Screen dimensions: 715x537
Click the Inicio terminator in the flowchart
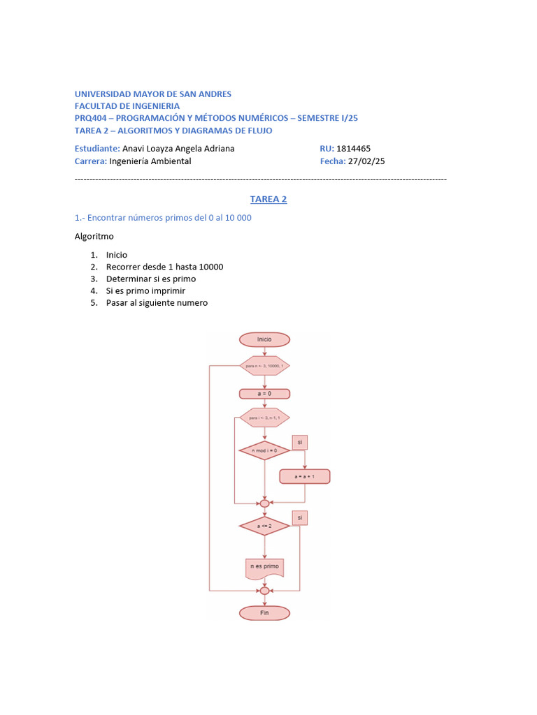click(x=264, y=339)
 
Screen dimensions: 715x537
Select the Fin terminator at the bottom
click(x=264, y=612)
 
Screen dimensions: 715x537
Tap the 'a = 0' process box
click(x=264, y=393)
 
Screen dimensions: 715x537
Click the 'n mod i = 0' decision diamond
click(x=264, y=450)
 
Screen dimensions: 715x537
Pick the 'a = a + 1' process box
click(x=304, y=476)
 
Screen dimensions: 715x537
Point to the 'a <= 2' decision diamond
click(x=264, y=525)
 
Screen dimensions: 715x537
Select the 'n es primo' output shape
click(x=264, y=567)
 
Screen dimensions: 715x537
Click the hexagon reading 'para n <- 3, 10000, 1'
click(x=264, y=365)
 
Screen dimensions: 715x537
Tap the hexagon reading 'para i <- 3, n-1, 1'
click(x=264, y=418)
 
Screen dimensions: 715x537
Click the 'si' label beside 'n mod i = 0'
click(x=300, y=442)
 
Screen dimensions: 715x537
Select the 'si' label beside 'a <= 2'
click(x=300, y=517)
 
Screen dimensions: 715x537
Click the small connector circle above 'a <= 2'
click(x=264, y=503)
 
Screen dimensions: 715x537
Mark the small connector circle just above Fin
click(x=264, y=591)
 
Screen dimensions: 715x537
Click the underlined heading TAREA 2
click(x=268, y=199)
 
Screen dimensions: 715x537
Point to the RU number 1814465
click(x=353, y=148)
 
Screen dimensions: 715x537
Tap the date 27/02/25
click(x=366, y=161)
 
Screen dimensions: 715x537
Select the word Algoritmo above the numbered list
click(x=94, y=236)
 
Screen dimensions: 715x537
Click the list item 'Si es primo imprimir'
click(x=145, y=290)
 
